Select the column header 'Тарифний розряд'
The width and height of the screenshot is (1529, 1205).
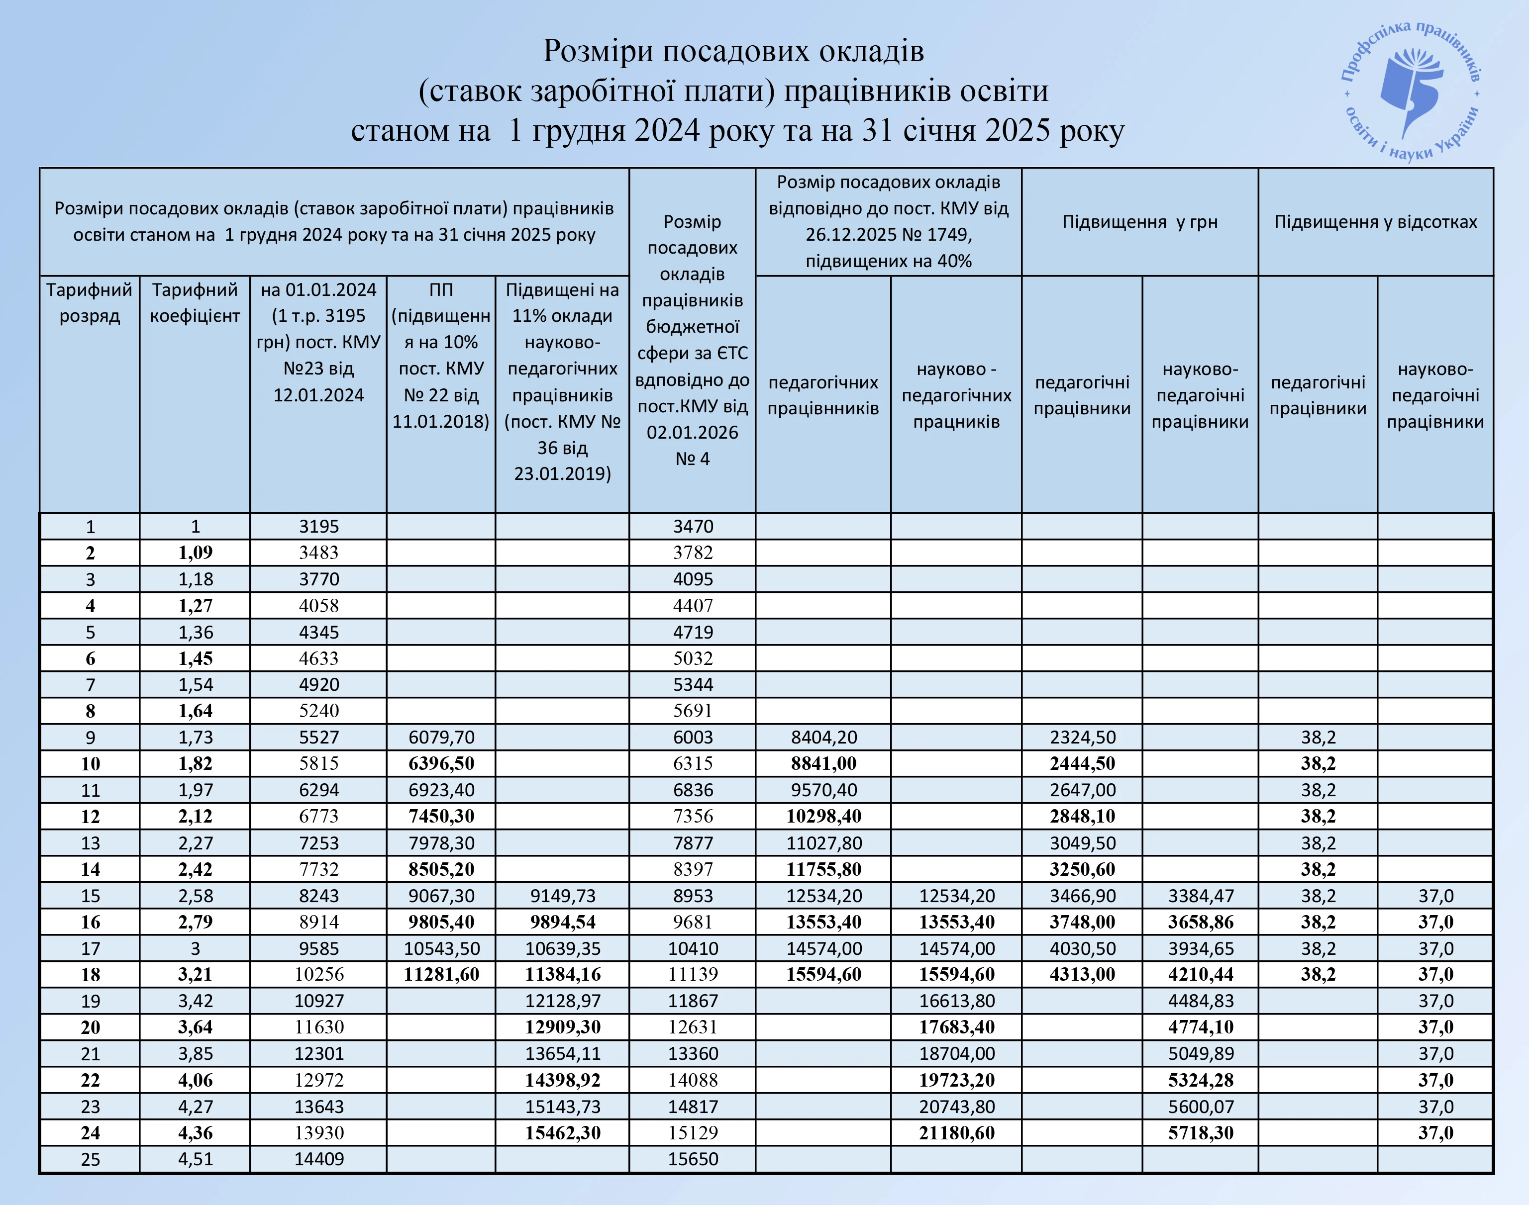tap(90, 303)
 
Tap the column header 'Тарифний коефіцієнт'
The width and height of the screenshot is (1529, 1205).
tap(195, 303)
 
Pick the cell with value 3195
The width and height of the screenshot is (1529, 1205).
tap(318, 526)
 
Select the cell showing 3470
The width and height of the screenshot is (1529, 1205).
tap(693, 526)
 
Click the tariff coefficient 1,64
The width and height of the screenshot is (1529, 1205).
tap(195, 711)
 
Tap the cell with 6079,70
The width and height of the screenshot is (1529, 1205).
tap(441, 737)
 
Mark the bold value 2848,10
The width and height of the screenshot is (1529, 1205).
tap(1082, 816)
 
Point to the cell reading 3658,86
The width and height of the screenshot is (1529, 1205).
tap(1200, 922)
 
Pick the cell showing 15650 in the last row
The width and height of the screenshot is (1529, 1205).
tap(693, 1159)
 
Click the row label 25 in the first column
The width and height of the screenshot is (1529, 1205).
tap(90, 1159)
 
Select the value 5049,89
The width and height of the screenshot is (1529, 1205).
tap(1200, 1054)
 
